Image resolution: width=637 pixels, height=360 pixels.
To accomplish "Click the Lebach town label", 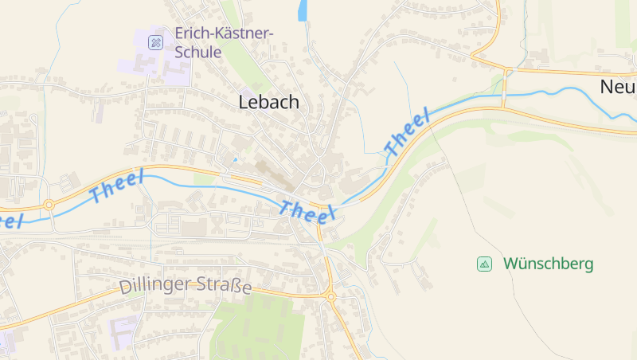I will coord(269,102).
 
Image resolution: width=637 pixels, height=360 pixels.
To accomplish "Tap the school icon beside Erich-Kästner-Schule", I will coord(156,41).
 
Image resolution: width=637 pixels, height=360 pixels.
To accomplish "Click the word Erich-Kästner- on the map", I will coord(224,33).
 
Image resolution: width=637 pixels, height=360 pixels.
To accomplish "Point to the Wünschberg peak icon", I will coord(484,264).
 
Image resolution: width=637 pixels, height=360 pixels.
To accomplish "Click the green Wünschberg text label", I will coord(548,264).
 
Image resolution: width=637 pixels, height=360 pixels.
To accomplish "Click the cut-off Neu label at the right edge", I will coord(618,86).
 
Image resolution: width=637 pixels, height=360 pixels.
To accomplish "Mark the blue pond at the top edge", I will coord(303,11).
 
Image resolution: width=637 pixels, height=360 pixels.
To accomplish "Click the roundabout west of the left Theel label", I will coord(49,205).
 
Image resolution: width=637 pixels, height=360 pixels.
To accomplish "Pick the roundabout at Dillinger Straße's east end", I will coord(330,297).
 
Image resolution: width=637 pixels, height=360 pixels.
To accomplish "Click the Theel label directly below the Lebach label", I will coord(307,212).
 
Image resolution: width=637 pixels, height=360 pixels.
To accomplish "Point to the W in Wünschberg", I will coord(510,264).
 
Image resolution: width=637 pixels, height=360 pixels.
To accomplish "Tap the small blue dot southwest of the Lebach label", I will coord(234,159).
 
